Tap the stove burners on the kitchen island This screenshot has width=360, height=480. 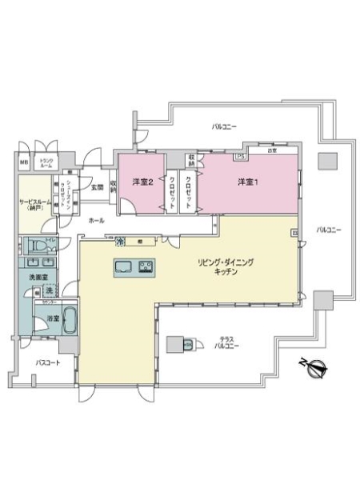point(147,266)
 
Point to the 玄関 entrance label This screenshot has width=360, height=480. point(96,189)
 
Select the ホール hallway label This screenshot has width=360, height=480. point(96,219)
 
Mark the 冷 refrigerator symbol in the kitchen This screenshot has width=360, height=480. point(121,241)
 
